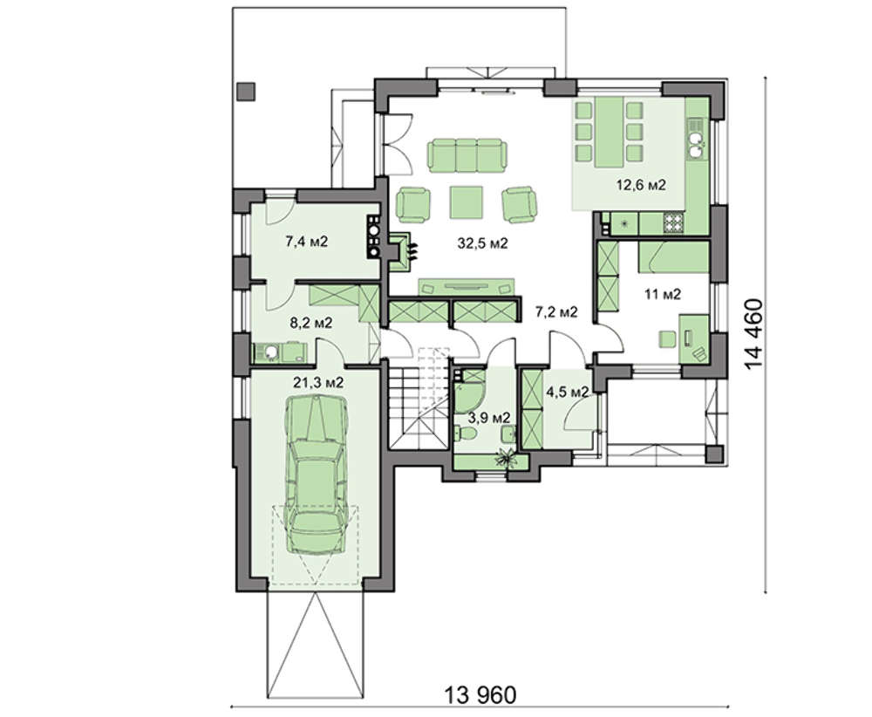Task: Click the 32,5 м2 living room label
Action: (x=482, y=243)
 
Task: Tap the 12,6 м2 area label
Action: (x=641, y=185)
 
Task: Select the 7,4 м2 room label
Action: (x=306, y=242)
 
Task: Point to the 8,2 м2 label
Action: (x=311, y=322)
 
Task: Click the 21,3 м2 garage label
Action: (x=318, y=382)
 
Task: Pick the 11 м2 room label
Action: (x=663, y=294)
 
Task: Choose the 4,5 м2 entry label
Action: (x=568, y=393)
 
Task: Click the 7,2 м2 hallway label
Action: (x=556, y=312)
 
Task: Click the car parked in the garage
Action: (x=316, y=475)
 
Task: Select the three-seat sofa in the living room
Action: (x=467, y=155)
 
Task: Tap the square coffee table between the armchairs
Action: (x=466, y=201)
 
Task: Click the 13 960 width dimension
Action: (x=480, y=694)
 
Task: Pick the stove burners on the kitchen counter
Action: (x=674, y=223)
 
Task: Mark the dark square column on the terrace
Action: (x=246, y=92)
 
